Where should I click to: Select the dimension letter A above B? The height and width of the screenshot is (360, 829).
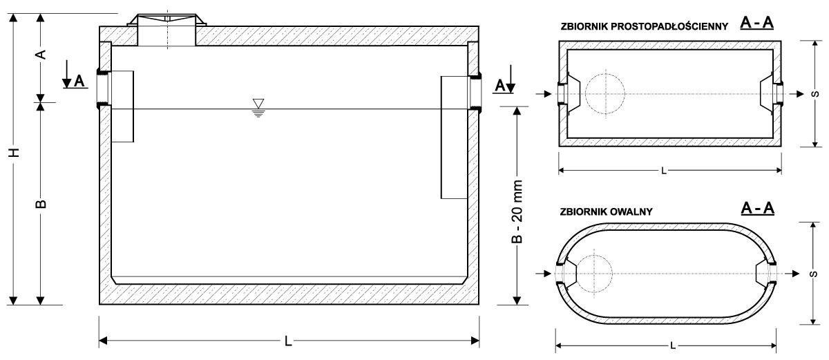click(x=41, y=53)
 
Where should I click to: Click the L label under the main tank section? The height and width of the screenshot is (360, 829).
click(x=288, y=341)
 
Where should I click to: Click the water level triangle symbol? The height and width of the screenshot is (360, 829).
click(x=258, y=106)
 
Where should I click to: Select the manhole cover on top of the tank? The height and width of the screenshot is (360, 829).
click(x=166, y=19)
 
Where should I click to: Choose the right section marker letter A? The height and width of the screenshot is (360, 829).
click(x=499, y=85)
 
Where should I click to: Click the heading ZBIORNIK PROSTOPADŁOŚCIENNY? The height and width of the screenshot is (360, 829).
click(x=644, y=27)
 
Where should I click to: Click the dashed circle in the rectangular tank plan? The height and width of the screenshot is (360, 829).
click(x=605, y=93)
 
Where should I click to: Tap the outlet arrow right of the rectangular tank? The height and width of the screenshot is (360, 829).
click(x=794, y=93)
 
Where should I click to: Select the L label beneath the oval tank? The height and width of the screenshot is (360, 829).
click(x=671, y=345)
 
